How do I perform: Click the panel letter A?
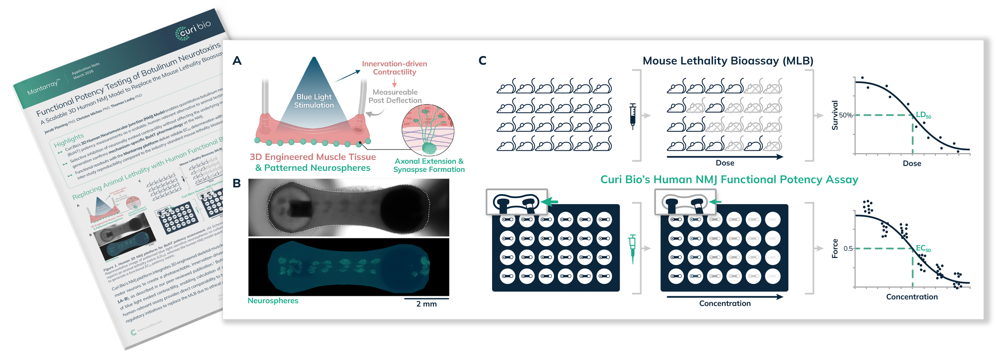pos(237,61)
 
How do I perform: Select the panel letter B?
pos(236,183)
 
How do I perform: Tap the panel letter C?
pos(482,61)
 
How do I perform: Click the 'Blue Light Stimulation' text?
pos(314,101)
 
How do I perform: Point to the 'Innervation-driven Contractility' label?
pos(394,68)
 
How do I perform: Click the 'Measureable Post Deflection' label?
pos(395,96)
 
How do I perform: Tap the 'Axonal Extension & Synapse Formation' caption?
pos(429,165)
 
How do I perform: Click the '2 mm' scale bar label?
pos(426,304)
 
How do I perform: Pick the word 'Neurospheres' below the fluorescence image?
pos(273,301)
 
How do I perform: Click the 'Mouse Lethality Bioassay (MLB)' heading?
pos(728,61)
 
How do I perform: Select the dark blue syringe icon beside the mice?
pos(632,116)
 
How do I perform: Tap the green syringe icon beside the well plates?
pos(632,249)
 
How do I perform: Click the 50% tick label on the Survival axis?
pos(845,115)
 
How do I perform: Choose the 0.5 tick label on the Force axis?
pos(848,248)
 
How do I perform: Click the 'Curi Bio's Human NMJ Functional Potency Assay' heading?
pos(729,179)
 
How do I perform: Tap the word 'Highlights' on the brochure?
pos(69,140)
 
